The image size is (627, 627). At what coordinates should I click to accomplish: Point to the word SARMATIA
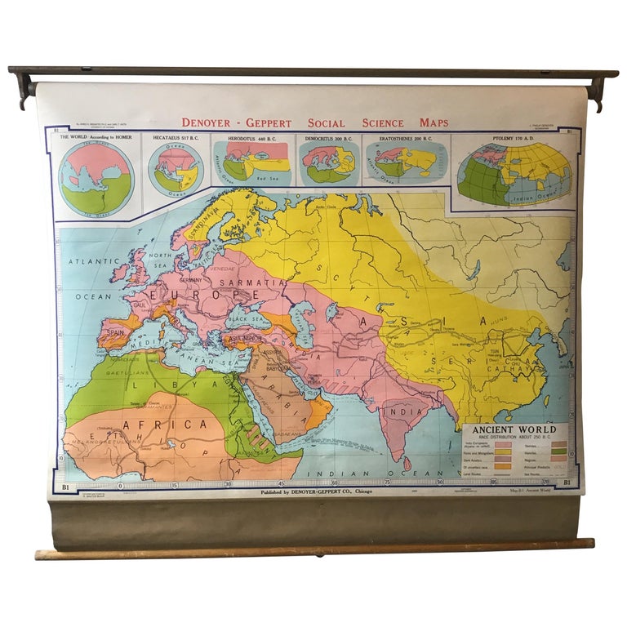(260, 282)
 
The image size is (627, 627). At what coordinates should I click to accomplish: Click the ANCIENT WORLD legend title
(520, 429)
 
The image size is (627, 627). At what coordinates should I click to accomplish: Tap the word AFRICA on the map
(164, 425)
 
